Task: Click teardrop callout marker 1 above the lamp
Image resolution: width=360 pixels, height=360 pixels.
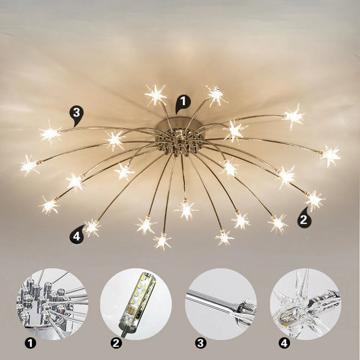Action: pyautogui.click(x=183, y=102)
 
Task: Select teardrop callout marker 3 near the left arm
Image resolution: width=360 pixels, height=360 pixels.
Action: pyautogui.click(x=75, y=114)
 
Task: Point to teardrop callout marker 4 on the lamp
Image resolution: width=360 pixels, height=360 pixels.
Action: pyautogui.click(x=76, y=236)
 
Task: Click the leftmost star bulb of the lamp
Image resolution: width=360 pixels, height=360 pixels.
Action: pyautogui.click(x=29, y=165)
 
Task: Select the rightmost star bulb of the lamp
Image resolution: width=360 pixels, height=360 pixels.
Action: pyautogui.click(x=330, y=155)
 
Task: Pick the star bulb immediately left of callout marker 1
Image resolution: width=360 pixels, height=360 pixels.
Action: pyautogui.click(x=156, y=95)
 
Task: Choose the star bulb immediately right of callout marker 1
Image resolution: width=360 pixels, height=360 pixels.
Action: pyautogui.click(x=216, y=96)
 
